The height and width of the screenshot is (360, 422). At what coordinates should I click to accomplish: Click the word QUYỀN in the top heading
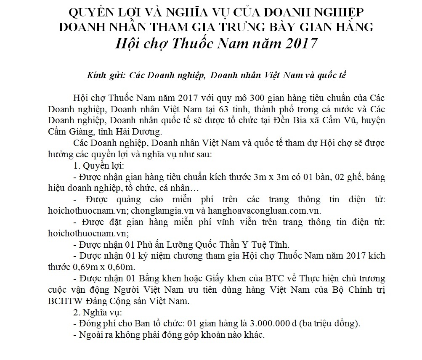88,11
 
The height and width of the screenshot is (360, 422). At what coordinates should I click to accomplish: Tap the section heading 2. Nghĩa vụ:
97,313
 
